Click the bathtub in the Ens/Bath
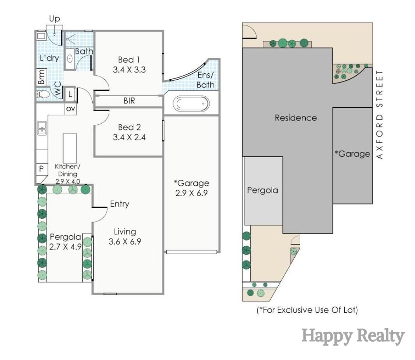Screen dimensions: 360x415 pos(191,104)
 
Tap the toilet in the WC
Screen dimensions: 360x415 pos(43,94)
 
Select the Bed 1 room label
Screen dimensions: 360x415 pos(128,60)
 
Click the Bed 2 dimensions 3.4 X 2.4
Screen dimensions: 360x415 pos(129,137)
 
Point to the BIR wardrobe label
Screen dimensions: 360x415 pos(129,101)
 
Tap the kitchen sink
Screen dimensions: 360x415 pos(42,128)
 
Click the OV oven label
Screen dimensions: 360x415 pos(70,109)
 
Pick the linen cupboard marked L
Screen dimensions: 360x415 pos(70,94)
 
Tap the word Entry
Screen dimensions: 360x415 pos(119,204)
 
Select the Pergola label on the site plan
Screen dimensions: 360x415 pos(263,190)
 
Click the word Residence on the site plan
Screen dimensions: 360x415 pos(296,118)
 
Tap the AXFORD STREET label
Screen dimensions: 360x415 pos(381,115)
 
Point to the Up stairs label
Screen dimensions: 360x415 pos(55,19)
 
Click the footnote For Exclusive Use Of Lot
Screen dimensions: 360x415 pos(307,310)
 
